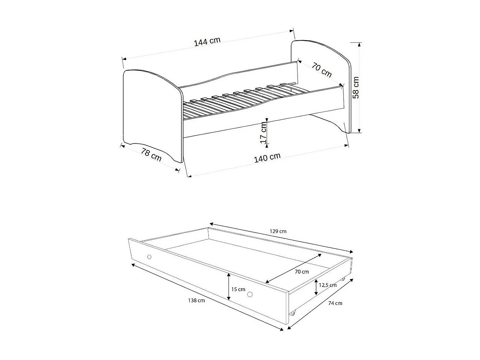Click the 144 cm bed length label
point(207,42)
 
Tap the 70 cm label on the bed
point(322,70)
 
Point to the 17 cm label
point(263,132)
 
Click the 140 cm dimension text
point(267,158)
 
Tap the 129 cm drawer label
point(278,231)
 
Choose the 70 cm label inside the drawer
point(302,272)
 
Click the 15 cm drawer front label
point(238,289)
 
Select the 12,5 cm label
point(328,285)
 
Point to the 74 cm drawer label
point(335,303)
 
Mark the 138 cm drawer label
point(196,300)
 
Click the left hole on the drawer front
point(149,257)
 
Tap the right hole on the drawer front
point(250,294)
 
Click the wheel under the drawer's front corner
point(292,313)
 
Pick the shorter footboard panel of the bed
point(150,112)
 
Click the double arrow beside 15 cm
point(228,287)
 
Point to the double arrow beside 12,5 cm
point(316,287)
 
